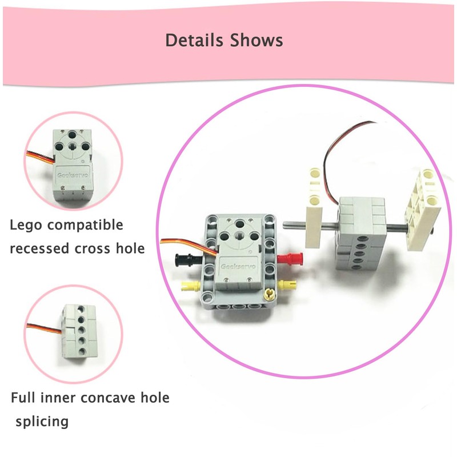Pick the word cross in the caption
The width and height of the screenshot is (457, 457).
[93, 248]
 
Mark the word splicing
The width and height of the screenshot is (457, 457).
[43, 422]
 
